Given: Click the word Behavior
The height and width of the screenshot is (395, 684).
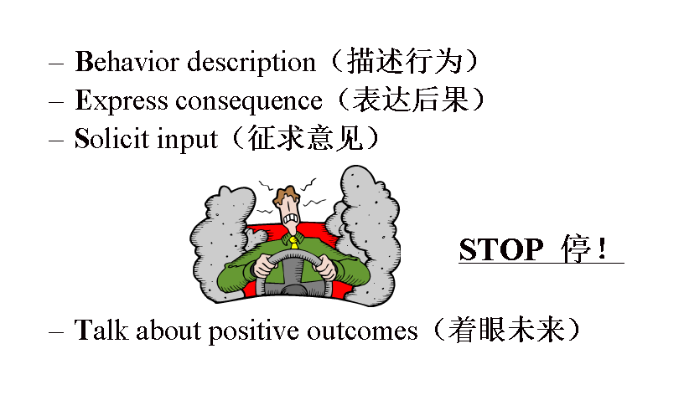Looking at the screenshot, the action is pos(127,61).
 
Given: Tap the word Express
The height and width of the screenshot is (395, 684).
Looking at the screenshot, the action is pos(122,101).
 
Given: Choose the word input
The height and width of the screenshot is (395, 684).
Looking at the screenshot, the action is pos(187,141).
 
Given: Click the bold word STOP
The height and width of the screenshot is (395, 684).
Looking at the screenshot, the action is pos(501,249).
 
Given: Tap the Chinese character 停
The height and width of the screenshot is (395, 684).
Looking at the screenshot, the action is pos(576,249).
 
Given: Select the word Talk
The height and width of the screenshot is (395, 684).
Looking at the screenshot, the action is pos(101,330).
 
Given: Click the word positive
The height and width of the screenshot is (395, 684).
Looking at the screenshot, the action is pos(253,332).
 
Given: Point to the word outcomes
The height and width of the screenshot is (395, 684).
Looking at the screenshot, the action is pos(362,331).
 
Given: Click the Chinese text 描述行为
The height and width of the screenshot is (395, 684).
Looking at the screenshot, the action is pos(404,61).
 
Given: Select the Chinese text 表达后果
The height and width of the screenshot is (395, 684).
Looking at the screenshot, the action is pos(411,100).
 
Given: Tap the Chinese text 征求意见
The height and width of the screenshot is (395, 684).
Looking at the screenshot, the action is pos(305,138).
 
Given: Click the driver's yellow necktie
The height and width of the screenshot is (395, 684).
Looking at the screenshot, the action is pos(294,242).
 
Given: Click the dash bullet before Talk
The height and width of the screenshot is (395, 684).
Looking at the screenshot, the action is pos(56,332).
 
